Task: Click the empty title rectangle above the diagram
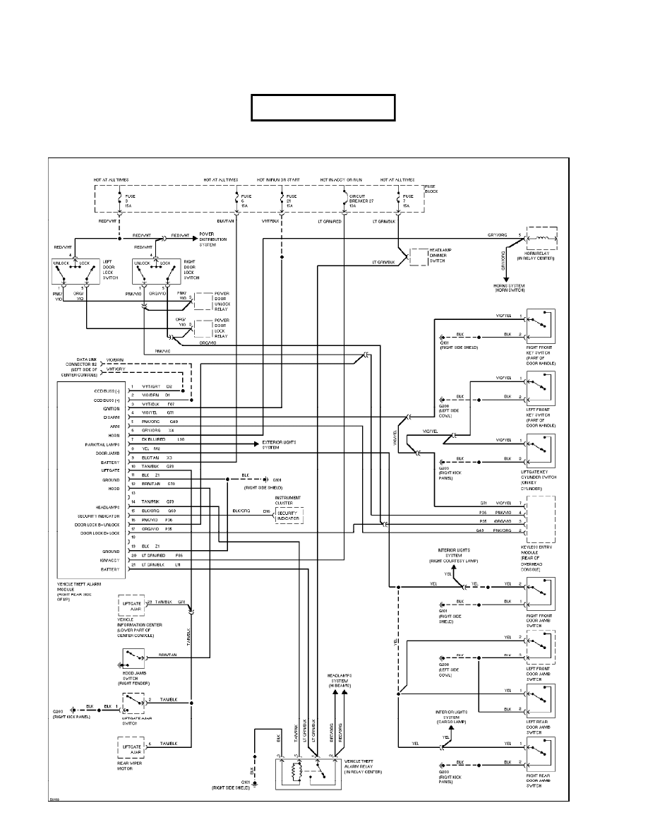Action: [x=323, y=107]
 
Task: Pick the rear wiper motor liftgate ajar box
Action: [x=133, y=746]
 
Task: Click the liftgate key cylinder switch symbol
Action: [x=540, y=449]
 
